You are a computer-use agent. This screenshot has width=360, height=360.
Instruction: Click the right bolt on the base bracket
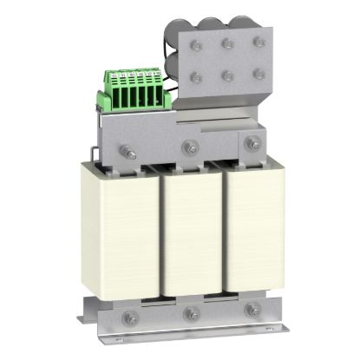[252, 307]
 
